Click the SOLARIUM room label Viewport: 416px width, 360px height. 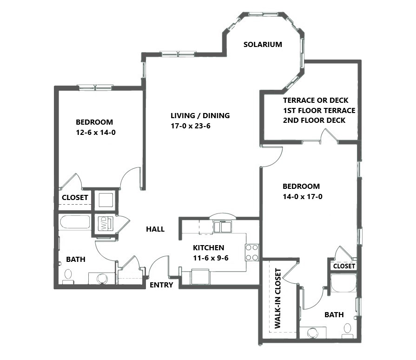coord(263,44)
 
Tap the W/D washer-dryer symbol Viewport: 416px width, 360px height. coord(106,224)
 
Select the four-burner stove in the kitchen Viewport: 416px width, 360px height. coord(252,253)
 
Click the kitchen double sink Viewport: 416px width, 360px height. coord(222,227)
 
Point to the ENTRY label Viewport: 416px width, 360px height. coord(161,285)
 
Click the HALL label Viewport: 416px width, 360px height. coord(155,229)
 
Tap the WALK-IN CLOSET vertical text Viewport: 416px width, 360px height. coord(278,298)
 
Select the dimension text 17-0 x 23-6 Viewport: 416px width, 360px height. coord(191,126)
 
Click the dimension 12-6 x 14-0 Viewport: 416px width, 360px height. coord(96,133)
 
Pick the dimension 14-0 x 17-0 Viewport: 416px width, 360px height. coord(303,197)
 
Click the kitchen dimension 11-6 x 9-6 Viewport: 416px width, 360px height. coord(211,258)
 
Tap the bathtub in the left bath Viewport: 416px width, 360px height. coord(75,222)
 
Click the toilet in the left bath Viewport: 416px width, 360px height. coord(68,277)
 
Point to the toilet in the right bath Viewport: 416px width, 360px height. coord(348,331)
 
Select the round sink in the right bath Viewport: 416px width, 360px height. coord(312,333)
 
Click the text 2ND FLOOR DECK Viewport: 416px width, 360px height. coord(314,120)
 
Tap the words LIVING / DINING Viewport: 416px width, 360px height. coord(200,116)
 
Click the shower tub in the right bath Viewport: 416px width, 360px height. coord(343,283)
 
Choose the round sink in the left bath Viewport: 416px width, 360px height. coord(102,279)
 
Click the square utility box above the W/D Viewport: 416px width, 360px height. coord(106,200)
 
